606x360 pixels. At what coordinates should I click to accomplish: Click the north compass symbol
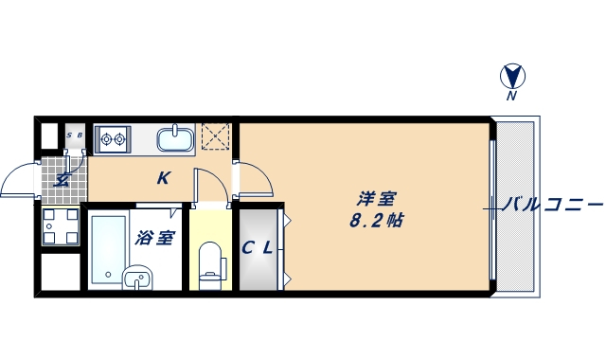[511, 75]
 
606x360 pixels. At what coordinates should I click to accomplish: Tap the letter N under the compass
[511, 96]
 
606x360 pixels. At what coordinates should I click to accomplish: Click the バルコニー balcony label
[553, 204]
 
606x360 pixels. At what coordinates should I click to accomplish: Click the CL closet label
[257, 249]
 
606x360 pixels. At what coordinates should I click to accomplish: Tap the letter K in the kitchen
[164, 177]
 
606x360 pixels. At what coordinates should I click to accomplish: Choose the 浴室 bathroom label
[154, 237]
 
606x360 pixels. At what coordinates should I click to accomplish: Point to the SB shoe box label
[75, 135]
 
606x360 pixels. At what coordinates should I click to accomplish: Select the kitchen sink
[175, 139]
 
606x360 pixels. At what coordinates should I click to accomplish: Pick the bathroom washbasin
[137, 279]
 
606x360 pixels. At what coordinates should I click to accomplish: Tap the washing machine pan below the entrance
[61, 227]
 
